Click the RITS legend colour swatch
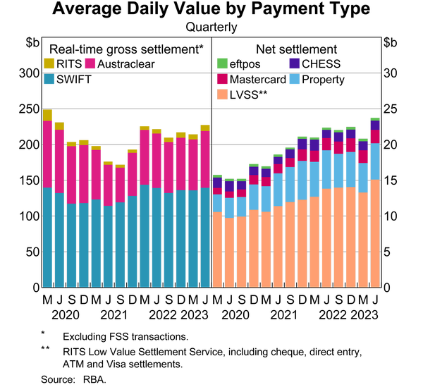(49, 63)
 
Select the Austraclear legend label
(126, 64)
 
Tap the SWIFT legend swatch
(49, 79)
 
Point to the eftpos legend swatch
(222, 63)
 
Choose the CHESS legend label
(321, 64)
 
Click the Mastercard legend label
(257, 80)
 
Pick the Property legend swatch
(295, 79)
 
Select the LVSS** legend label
(248, 95)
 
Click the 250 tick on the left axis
(30, 109)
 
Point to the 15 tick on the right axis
(390, 180)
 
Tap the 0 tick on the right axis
(387, 288)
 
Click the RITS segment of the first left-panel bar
(47, 115)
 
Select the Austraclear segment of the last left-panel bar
(205, 159)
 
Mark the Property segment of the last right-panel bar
(375, 161)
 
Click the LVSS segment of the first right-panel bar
(217, 250)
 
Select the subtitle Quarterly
(211, 27)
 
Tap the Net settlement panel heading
(296, 49)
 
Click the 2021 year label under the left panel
(114, 315)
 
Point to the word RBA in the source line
(94, 379)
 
